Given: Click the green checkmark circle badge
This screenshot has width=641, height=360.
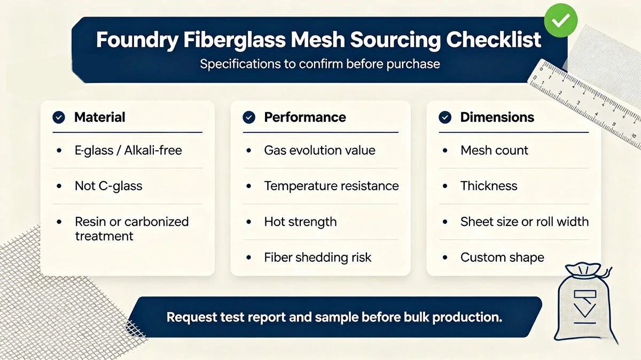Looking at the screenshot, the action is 560,20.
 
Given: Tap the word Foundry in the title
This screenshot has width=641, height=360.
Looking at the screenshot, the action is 137,40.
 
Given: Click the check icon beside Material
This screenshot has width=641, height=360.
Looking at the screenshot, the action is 59,118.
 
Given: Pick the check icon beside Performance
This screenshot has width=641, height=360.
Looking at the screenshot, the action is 249,118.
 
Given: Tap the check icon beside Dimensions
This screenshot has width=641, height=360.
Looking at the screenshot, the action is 445,118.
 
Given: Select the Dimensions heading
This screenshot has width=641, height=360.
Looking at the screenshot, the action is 497,117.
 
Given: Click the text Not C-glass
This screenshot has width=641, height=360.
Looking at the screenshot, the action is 108,186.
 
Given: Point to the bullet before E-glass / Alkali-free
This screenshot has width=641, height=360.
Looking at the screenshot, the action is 59,151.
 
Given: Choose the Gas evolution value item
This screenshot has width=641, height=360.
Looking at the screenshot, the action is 319,150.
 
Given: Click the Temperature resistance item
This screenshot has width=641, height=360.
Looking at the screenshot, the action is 331,186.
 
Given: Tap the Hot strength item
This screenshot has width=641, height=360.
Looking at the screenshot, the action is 300,222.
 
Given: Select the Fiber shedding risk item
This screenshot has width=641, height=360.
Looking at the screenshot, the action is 318,257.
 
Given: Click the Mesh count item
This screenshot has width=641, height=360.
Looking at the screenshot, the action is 494,150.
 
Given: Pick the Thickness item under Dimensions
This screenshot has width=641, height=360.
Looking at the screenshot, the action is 489,186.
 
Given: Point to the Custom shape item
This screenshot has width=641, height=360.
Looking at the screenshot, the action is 502,257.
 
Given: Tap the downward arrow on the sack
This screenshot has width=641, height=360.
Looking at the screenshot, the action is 584,310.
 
